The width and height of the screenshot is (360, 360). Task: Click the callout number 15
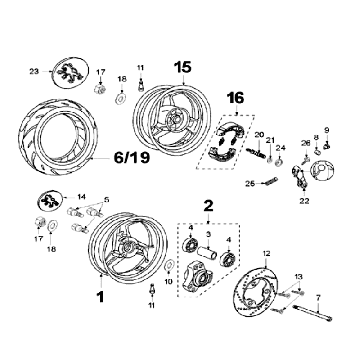pyautogui.click(x=183, y=67)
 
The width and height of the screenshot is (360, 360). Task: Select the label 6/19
pyautogui.click(x=131, y=158)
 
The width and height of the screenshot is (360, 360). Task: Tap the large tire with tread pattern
pyautogui.click(x=58, y=139)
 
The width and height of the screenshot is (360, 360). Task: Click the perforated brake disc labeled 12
pyautogui.click(x=257, y=293)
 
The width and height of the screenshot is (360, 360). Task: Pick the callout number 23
pyautogui.click(x=34, y=71)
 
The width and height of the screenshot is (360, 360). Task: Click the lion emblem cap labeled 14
pyautogui.click(x=50, y=201)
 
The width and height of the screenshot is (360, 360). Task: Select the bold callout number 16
pyautogui.click(x=236, y=98)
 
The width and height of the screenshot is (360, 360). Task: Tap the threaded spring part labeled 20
pyautogui.click(x=256, y=152)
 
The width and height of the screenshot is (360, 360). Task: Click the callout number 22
pyautogui.click(x=304, y=201)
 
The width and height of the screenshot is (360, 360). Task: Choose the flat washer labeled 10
pyautogui.click(x=169, y=265)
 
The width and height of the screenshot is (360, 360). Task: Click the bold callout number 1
pyautogui.click(x=100, y=296)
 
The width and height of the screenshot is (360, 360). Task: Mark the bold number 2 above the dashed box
pyautogui.click(x=208, y=206)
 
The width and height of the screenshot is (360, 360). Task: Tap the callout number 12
pyautogui.click(x=266, y=253)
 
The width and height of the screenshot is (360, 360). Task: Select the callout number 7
pyautogui.click(x=318, y=296)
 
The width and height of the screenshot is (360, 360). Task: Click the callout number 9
pyautogui.click(x=327, y=130)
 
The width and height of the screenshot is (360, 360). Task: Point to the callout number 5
pyautogui.click(x=107, y=200)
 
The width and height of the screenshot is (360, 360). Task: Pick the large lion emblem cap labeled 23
pyautogui.click(x=70, y=72)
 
